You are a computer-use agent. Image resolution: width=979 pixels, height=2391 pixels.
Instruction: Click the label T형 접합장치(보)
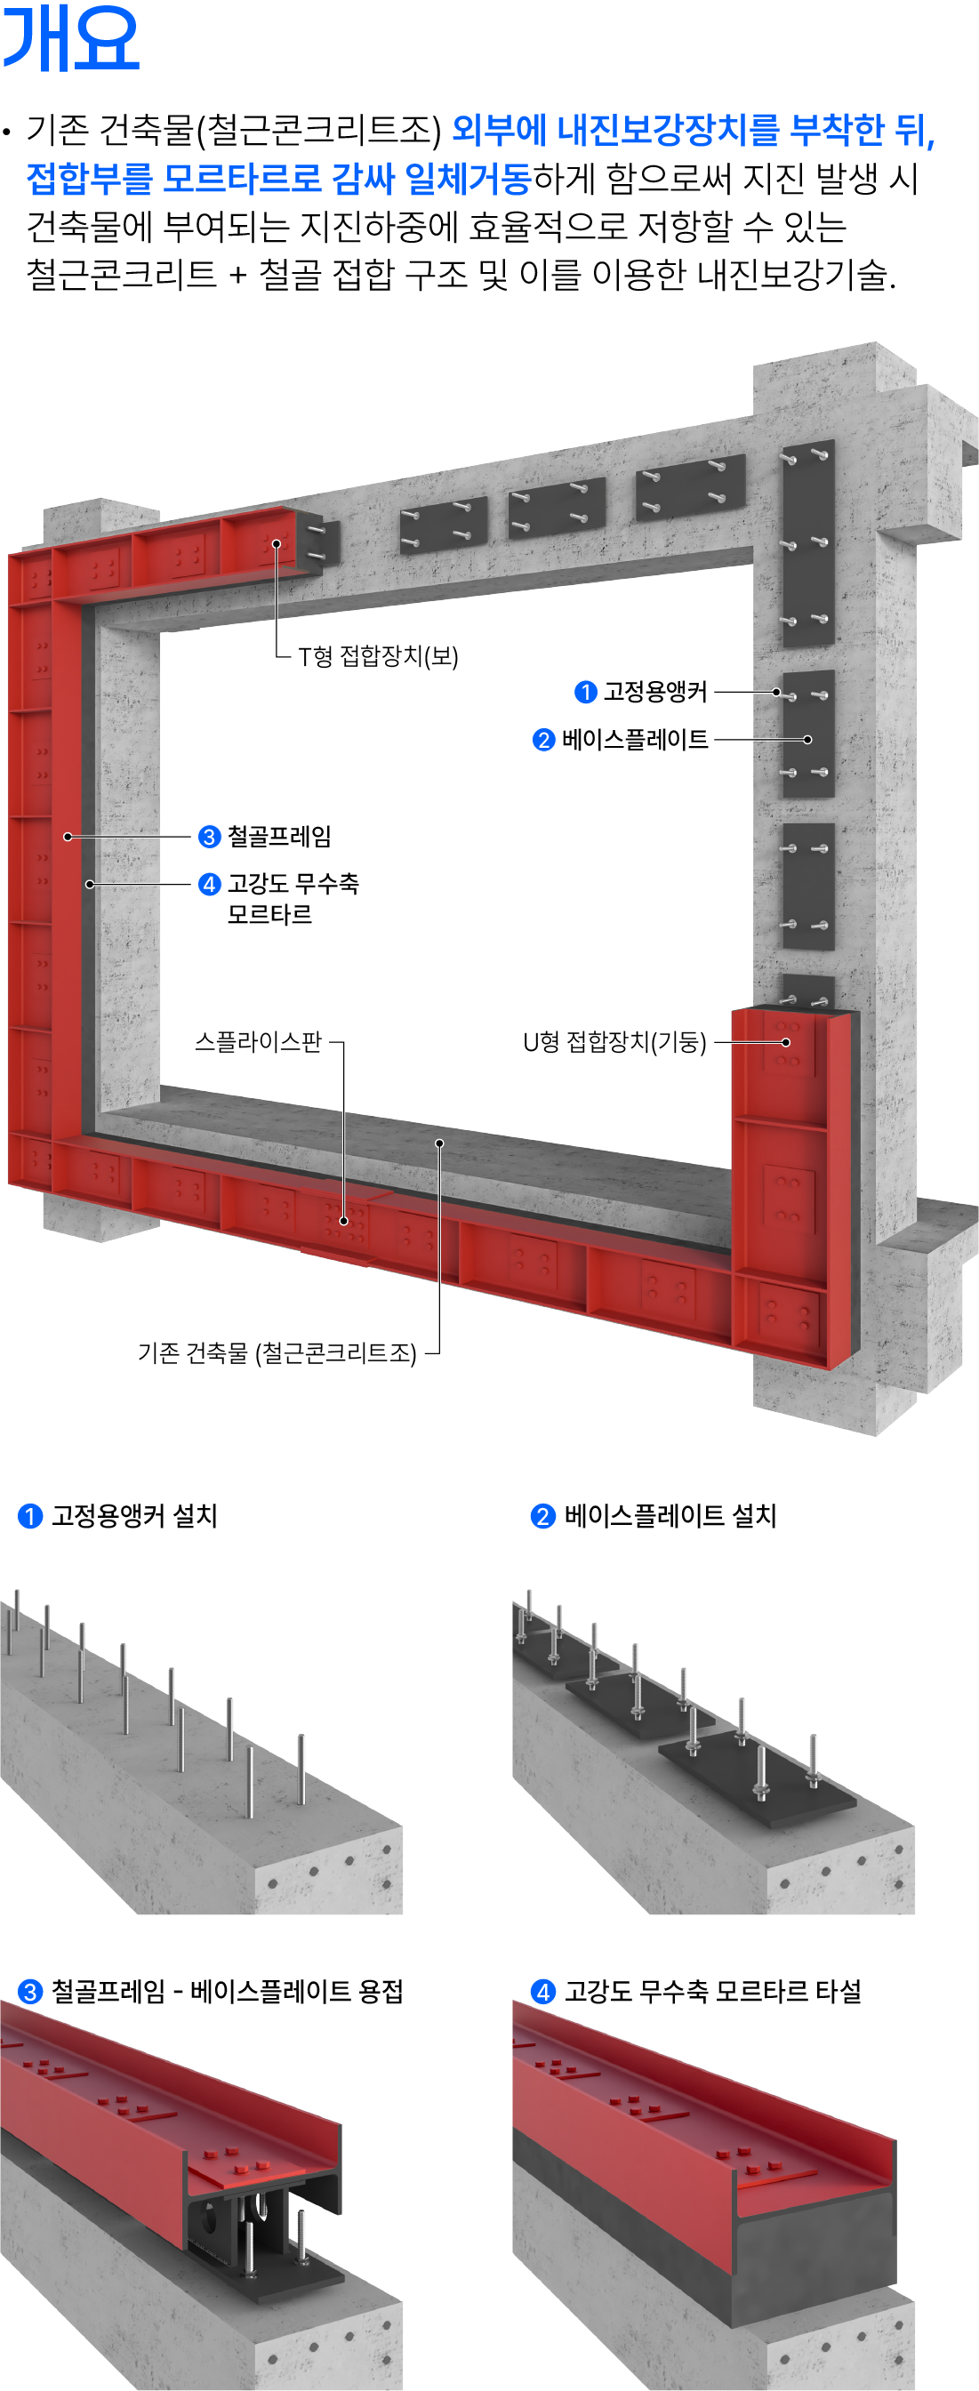point(379,656)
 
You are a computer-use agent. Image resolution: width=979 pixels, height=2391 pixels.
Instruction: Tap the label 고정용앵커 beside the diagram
point(656,692)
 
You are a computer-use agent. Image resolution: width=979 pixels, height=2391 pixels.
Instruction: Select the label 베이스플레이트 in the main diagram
point(636,740)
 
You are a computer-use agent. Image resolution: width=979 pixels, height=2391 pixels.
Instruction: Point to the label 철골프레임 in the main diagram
point(279,837)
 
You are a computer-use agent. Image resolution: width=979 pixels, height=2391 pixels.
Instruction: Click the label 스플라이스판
point(258,1041)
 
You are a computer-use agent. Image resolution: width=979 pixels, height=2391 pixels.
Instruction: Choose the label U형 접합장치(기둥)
point(614,1042)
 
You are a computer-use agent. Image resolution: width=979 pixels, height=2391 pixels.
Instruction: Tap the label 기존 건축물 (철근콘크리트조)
point(277,1352)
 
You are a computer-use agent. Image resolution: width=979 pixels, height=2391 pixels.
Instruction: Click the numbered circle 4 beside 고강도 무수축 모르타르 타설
point(543,1992)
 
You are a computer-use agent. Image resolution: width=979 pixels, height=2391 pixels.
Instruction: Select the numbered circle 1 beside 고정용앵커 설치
point(30,1517)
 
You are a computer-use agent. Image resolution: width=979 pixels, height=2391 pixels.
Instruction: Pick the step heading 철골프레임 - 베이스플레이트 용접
point(228,1991)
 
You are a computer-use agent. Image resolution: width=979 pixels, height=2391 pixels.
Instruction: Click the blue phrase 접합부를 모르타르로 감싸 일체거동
point(278,178)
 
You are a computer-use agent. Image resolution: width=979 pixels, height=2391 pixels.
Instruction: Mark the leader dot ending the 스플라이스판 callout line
point(343,1221)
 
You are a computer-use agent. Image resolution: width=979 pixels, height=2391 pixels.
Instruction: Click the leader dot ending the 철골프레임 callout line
point(68,837)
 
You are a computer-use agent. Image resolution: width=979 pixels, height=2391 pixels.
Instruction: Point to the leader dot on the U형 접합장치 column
point(787,1042)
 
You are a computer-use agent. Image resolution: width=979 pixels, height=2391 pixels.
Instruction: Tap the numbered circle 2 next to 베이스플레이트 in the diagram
point(544,740)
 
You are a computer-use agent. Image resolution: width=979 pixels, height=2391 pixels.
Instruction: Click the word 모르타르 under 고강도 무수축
point(270,914)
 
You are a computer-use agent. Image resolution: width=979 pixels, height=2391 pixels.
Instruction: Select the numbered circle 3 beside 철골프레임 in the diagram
point(210,837)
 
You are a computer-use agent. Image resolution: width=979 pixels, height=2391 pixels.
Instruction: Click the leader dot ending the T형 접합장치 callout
point(277,544)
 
